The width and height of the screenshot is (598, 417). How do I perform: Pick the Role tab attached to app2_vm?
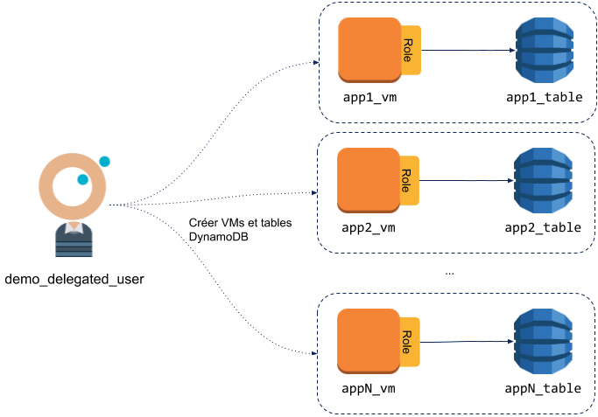(408, 180)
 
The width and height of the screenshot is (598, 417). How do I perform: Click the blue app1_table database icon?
(543, 49)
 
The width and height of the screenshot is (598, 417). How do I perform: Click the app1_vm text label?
(370, 97)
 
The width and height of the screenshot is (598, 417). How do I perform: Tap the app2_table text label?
(543, 228)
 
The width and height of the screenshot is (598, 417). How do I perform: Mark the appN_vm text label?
(370, 390)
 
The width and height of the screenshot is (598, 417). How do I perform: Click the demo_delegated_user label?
(74, 280)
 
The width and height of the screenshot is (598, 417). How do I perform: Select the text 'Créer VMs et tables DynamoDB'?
(240, 230)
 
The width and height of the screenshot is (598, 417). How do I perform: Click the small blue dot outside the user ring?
(104, 162)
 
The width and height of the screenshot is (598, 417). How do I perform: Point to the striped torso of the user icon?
(74, 242)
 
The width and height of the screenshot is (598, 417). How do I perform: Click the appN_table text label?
(543, 390)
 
